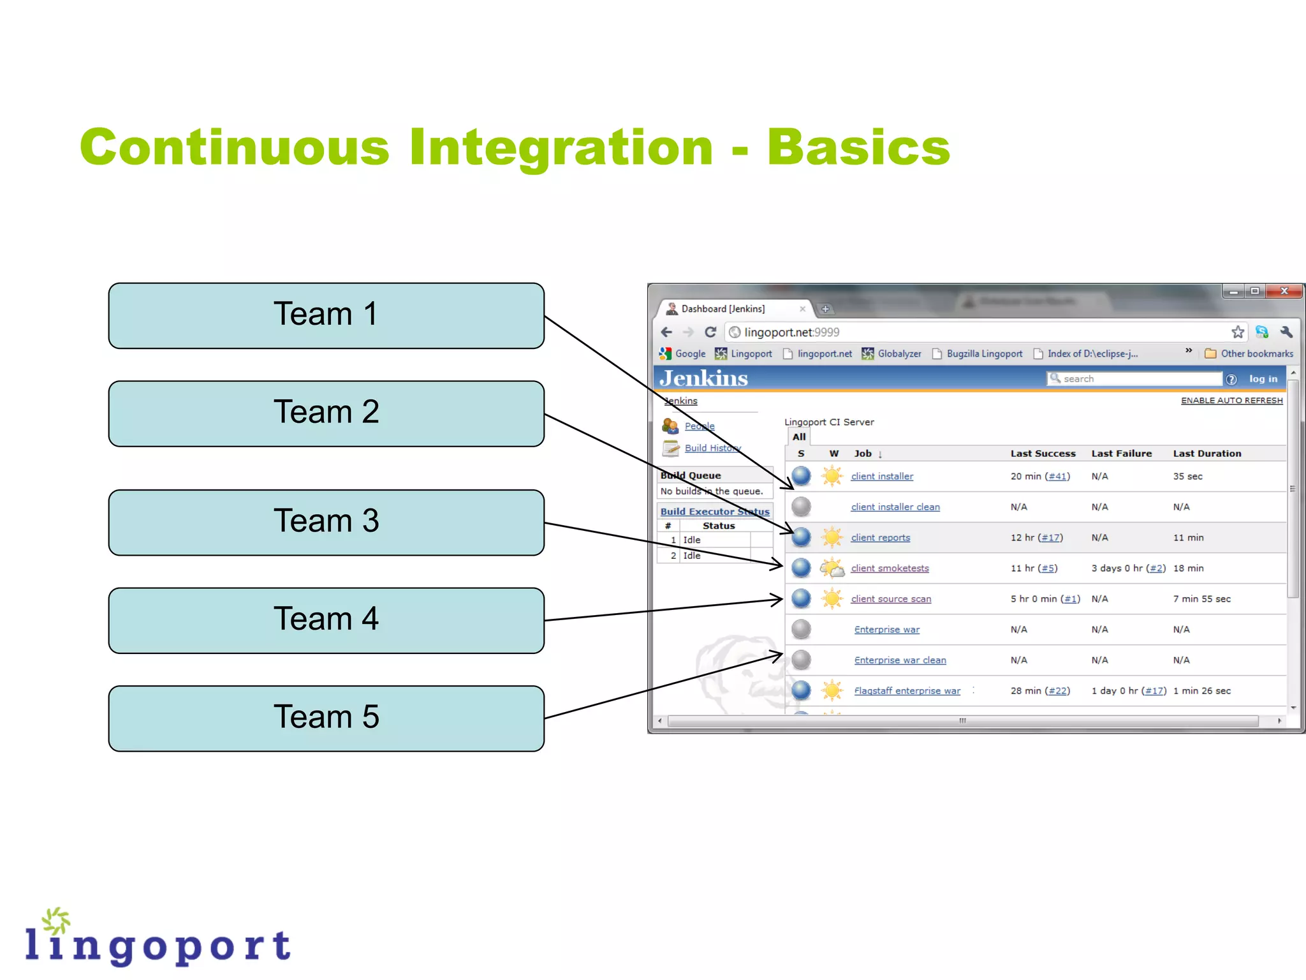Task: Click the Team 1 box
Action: tap(326, 315)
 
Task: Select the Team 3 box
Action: tap(326, 522)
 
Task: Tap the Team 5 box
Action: tap(326, 718)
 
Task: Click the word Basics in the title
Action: tap(858, 147)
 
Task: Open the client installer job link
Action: tap(882, 476)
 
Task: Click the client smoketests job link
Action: tap(890, 568)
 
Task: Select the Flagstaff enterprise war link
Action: tap(907, 690)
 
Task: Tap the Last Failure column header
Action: tap(1121, 453)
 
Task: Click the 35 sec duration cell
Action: tap(1187, 476)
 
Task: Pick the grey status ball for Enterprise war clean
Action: tap(801, 660)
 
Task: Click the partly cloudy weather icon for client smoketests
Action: tap(832, 567)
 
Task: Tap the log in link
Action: tap(1263, 378)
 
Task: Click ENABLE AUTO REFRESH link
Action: tap(1231, 400)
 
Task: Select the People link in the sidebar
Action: tap(700, 426)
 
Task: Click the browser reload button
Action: tap(710, 332)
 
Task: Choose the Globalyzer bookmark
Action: tap(898, 353)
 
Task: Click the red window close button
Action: tap(1284, 291)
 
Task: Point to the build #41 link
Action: tap(1057, 476)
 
